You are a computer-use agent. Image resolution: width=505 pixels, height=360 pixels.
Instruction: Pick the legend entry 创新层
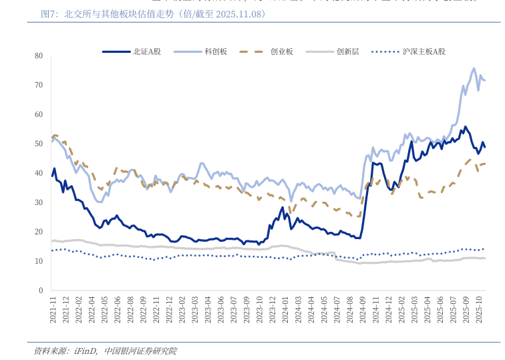click(x=347, y=51)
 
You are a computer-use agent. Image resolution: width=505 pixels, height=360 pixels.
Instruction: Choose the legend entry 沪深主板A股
click(x=424, y=51)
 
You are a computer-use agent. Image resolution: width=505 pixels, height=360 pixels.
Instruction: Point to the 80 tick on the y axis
click(x=39, y=55)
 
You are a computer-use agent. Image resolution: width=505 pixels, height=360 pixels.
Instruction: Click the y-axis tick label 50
click(x=39, y=144)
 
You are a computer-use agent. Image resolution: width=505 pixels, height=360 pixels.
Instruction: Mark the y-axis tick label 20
click(x=39, y=232)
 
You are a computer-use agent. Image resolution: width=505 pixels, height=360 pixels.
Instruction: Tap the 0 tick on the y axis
click(x=41, y=291)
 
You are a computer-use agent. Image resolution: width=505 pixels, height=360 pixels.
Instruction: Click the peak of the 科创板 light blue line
click(x=474, y=68)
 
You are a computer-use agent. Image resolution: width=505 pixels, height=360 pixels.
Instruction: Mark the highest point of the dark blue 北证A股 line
click(x=466, y=126)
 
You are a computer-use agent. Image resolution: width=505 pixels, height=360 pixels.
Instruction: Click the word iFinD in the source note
click(x=86, y=351)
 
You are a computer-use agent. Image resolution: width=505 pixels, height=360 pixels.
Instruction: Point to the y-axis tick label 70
click(x=39, y=85)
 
